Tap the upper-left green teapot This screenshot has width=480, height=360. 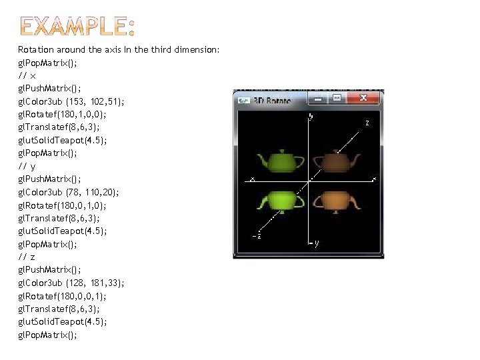click(x=281, y=161)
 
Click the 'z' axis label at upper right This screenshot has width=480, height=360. click(x=367, y=123)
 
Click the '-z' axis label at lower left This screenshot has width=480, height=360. click(x=256, y=235)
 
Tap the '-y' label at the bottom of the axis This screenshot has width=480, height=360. click(x=315, y=243)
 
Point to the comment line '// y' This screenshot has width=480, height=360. click(x=27, y=166)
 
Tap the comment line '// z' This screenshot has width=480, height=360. click(x=27, y=257)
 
